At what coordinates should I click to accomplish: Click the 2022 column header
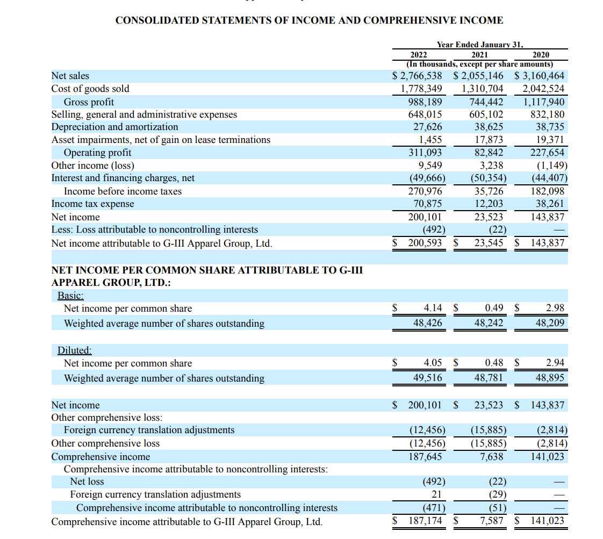(x=419, y=54)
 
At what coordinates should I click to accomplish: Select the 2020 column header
(x=541, y=54)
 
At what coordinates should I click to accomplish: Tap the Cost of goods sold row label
(x=90, y=89)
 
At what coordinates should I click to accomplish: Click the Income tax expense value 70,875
(x=427, y=204)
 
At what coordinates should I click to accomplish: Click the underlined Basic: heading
(x=71, y=295)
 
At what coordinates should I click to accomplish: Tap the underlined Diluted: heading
(x=75, y=350)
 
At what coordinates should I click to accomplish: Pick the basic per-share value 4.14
(x=433, y=308)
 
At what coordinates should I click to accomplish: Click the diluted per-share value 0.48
(x=494, y=363)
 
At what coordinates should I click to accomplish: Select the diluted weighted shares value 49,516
(x=427, y=378)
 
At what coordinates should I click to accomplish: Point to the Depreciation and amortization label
(x=114, y=127)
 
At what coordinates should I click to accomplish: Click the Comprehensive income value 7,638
(x=490, y=456)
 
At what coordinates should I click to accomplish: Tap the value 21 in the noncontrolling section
(x=436, y=494)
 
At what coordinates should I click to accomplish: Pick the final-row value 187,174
(x=425, y=521)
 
